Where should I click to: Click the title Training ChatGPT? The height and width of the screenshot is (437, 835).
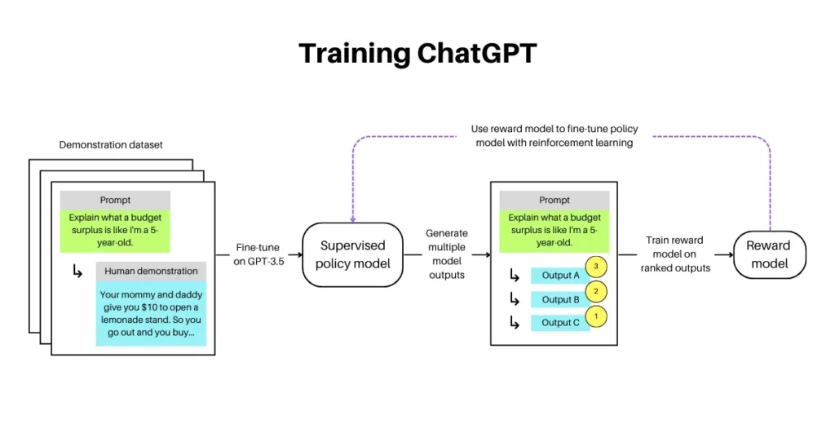[x=417, y=53]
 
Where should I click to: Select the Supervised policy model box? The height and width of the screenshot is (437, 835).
[x=352, y=254]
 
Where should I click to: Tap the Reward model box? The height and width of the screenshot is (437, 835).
[x=768, y=254]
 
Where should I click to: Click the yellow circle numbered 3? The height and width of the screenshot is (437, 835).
[x=597, y=267]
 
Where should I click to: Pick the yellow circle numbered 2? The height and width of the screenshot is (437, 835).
[x=597, y=291]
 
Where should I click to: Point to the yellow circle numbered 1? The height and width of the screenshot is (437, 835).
[x=597, y=315]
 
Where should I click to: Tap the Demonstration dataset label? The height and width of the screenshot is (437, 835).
[x=111, y=145]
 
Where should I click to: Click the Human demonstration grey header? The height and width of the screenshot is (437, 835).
[x=151, y=271]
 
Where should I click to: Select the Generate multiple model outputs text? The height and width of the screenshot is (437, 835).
[x=446, y=254]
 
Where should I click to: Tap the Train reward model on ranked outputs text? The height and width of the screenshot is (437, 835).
[x=674, y=254]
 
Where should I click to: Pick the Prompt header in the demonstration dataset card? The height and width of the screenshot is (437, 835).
[x=115, y=200]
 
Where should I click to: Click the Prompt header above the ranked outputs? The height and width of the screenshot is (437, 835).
[x=554, y=200]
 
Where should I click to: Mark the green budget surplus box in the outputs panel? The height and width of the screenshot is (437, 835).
[x=554, y=230]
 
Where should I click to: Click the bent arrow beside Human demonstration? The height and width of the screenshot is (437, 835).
[x=77, y=271]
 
